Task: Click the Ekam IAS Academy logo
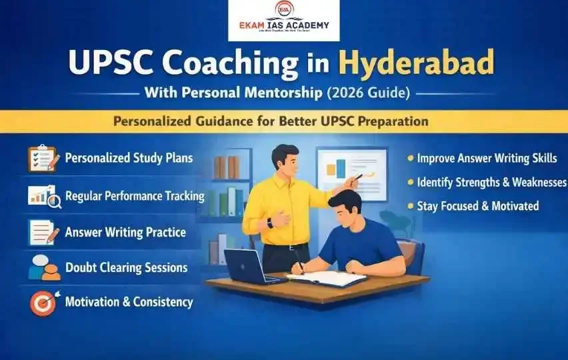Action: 283,21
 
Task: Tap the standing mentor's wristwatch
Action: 270,223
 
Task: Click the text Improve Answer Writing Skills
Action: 486,159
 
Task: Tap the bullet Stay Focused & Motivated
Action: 477,206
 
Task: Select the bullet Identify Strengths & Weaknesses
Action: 491,182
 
